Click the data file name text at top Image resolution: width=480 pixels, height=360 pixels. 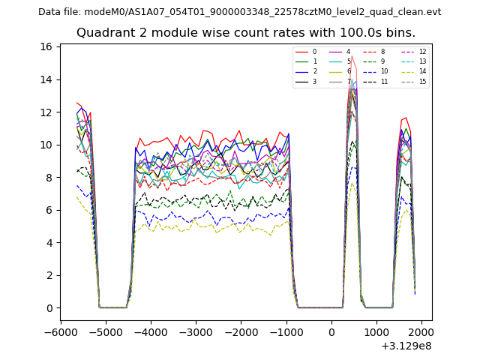tap(240, 12)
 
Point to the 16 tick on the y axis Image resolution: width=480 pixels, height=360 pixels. tap(46, 46)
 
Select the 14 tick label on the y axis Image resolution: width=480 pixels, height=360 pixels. tap(46, 79)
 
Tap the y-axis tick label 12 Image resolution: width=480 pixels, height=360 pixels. tap(46, 112)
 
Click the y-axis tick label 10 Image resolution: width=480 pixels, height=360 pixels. tap(46, 145)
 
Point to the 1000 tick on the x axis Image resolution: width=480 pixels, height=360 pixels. tap(376, 331)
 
